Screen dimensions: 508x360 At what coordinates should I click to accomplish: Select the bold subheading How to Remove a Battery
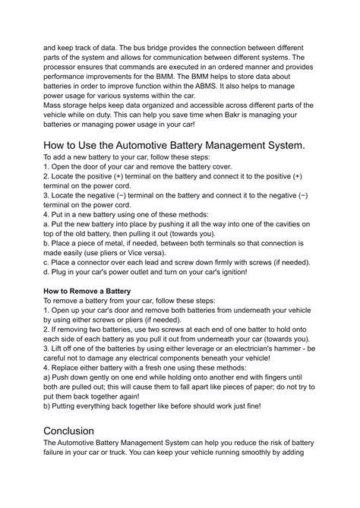click(87, 291)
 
